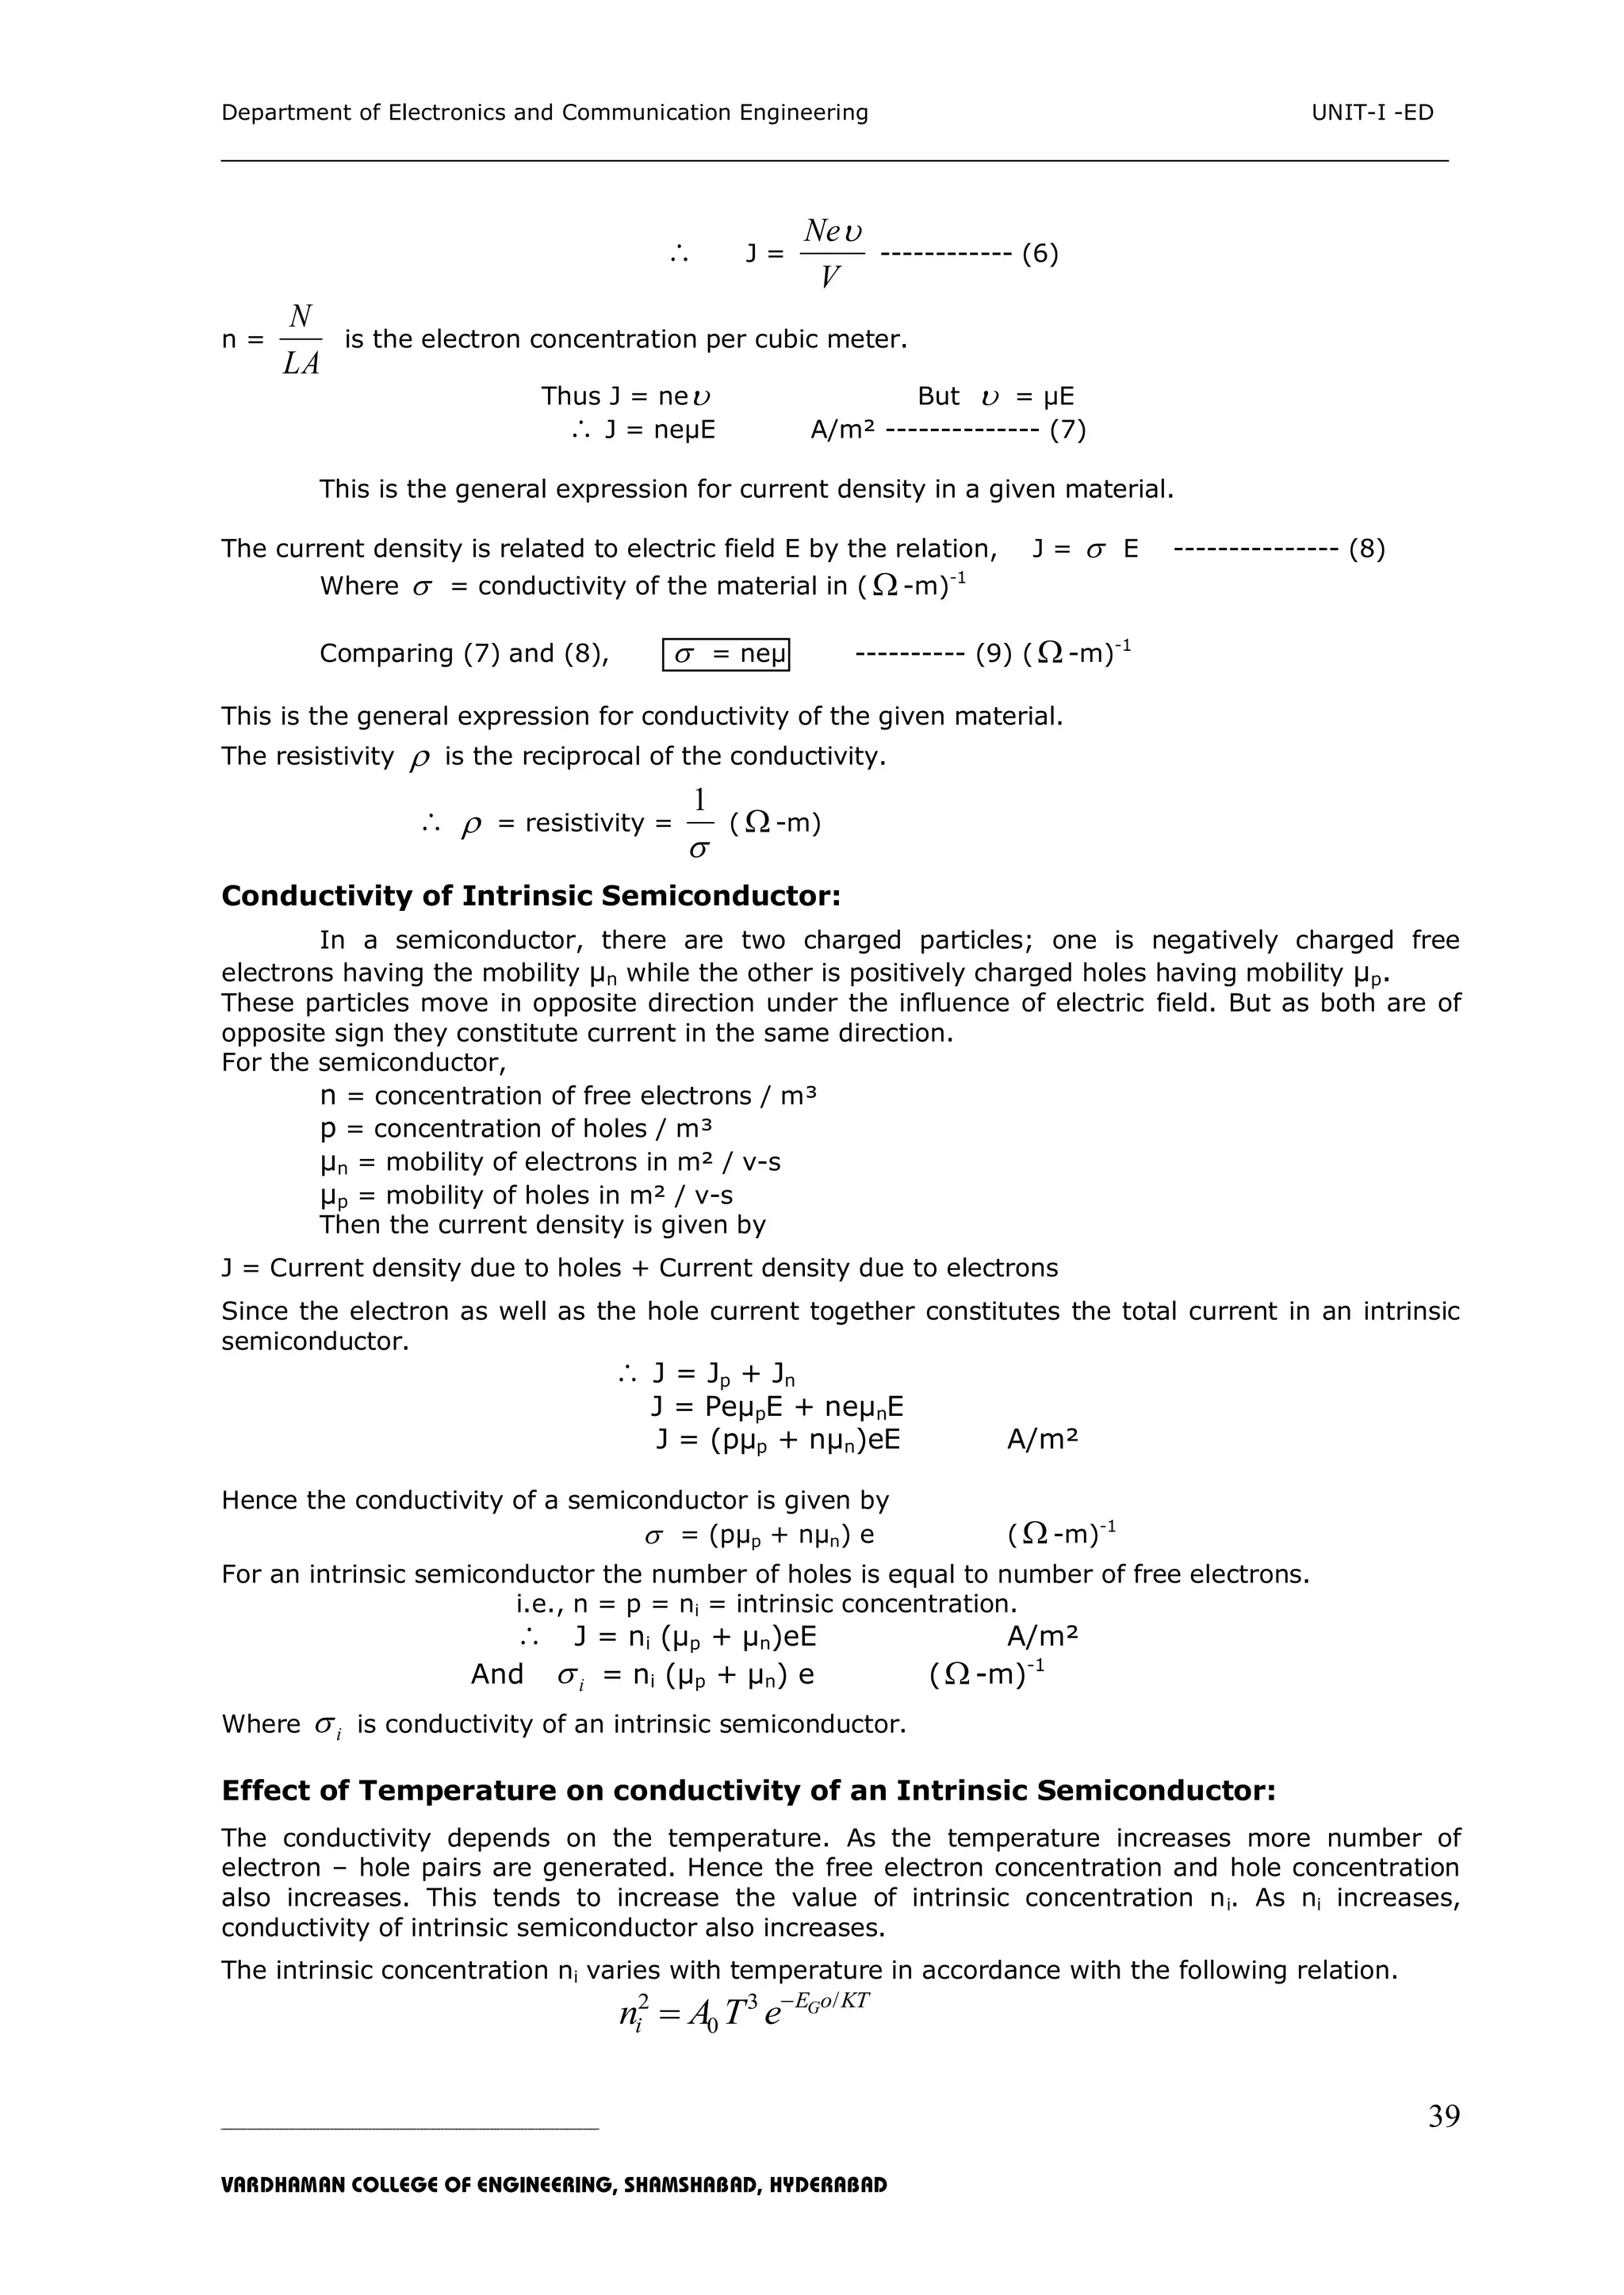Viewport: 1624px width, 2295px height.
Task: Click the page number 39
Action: (x=1443, y=2116)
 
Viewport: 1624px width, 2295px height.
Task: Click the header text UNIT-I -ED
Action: (x=1372, y=113)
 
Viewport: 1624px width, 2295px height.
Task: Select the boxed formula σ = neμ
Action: (x=726, y=654)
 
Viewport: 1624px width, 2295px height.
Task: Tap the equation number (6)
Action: (x=1040, y=254)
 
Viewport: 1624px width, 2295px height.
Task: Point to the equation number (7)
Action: (x=1067, y=430)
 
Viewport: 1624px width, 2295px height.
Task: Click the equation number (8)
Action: (x=1366, y=549)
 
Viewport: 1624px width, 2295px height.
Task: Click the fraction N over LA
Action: (x=300, y=341)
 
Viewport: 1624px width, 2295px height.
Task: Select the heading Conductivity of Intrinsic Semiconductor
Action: (x=530, y=896)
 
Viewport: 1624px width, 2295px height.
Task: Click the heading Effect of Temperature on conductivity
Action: (x=748, y=1790)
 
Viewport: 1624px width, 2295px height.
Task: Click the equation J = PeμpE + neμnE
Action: (x=776, y=1407)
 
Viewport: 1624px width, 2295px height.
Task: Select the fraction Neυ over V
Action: (x=831, y=254)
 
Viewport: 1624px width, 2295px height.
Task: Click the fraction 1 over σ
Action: (x=700, y=824)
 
